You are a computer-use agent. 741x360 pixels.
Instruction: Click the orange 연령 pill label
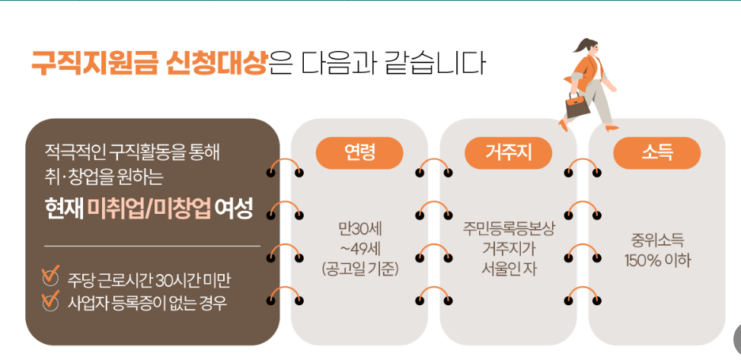359,153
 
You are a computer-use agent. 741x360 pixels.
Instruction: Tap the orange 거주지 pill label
508,153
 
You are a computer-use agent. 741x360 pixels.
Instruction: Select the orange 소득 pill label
656,153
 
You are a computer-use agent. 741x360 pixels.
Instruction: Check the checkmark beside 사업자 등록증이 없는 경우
51,301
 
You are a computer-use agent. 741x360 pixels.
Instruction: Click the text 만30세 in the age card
359,228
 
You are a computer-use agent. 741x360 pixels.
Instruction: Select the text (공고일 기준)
359,268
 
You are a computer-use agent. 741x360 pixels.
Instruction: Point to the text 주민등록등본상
508,228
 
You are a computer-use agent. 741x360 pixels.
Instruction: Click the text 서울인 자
508,268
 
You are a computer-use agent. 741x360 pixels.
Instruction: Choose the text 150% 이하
656,260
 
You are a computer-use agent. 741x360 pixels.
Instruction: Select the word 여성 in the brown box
233,208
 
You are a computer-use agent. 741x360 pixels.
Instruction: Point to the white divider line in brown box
152,246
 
